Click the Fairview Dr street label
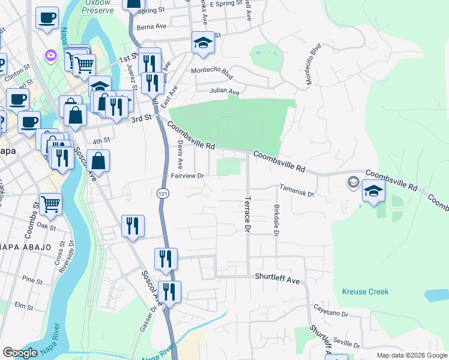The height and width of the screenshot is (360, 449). [188, 176]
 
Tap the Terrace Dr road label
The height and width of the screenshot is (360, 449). [247, 212]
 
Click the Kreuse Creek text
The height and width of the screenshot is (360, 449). [365, 292]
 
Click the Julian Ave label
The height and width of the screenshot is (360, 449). [224, 92]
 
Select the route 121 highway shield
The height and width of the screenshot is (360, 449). [162, 193]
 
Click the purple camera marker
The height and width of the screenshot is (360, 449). [50, 56]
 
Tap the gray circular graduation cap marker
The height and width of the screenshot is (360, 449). [354, 181]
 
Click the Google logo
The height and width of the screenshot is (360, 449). [20, 353]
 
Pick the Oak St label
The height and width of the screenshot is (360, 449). [46, 226]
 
